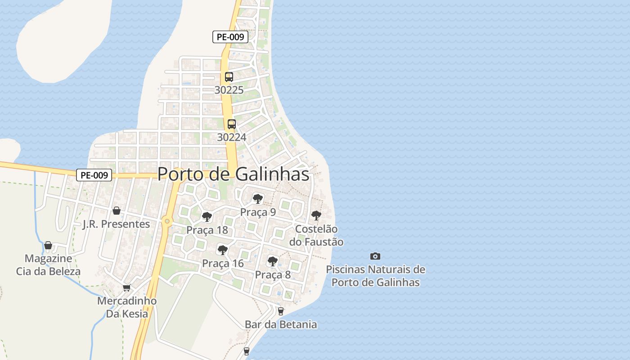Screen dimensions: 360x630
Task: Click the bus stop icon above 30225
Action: (229, 76)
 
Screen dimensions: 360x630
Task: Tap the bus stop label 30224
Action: (231, 137)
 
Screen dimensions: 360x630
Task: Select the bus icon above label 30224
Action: (231, 124)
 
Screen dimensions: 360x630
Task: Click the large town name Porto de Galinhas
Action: (234, 175)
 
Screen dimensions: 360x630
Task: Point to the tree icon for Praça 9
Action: (257, 198)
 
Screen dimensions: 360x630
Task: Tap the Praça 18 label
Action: (207, 230)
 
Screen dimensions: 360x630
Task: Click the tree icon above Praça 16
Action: (222, 250)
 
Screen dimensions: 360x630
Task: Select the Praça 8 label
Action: (273, 274)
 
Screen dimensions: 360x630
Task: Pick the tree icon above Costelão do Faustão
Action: (316, 215)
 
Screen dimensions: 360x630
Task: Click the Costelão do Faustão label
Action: (316, 235)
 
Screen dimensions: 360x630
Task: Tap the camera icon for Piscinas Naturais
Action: (375, 256)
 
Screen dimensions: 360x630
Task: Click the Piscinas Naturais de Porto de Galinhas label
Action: (375, 276)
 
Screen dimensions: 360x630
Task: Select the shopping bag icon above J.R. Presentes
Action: (117, 211)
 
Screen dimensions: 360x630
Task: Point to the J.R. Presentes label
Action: (116, 224)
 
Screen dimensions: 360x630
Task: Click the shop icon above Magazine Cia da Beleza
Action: (48, 245)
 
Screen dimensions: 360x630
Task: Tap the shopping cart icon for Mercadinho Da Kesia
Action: (127, 288)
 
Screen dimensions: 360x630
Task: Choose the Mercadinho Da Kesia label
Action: (127, 307)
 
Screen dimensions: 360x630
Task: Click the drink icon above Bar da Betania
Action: (281, 311)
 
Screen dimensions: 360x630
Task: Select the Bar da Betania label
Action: (281, 324)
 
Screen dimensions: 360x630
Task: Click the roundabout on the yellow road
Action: (167, 221)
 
